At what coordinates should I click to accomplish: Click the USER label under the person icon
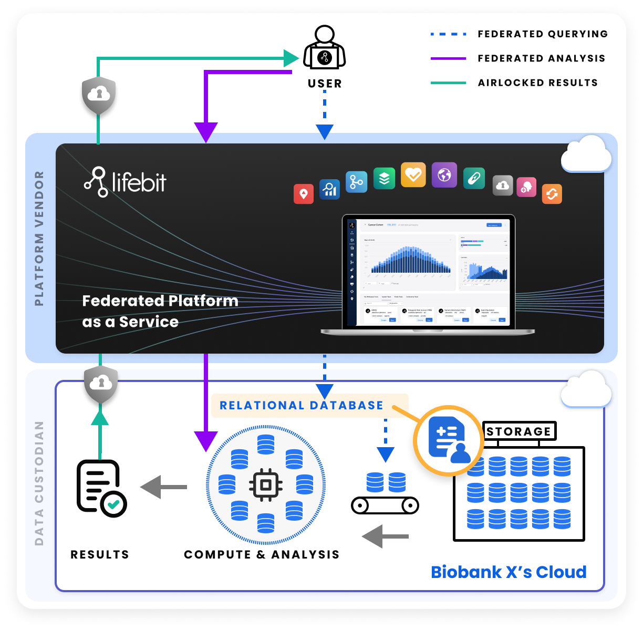pyautogui.click(x=325, y=84)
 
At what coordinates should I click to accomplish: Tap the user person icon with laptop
pyautogui.click(x=325, y=48)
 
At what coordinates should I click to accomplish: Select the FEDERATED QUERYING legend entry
pyautogui.click(x=542, y=34)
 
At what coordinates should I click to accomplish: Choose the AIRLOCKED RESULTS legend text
pyautogui.click(x=537, y=82)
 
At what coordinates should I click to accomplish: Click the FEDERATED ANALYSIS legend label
pyautogui.click(x=541, y=58)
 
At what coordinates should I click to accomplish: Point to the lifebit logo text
pyautogui.click(x=126, y=182)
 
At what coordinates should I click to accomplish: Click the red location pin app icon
pyautogui.click(x=303, y=194)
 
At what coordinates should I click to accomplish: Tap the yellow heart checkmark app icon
pyautogui.click(x=413, y=174)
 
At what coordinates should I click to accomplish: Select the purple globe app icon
pyautogui.click(x=444, y=174)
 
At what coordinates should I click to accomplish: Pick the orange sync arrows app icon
pyautogui.click(x=552, y=194)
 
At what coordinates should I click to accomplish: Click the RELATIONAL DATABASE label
pyautogui.click(x=301, y=406)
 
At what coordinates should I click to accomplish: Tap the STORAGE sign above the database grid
pyautogui.click(x=518, y=431)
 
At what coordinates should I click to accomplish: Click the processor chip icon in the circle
pyautogui.click(x=266, y=484)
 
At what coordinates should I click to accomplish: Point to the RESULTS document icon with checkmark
pyautogui.click(x=101, y=488)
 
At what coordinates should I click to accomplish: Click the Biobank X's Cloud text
pyautogui.click(x=509, y=572)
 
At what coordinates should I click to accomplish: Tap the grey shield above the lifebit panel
pyautogui.click(x=98, y=95)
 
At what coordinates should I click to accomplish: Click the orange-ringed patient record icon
pyautogui.click(x=448, y=440)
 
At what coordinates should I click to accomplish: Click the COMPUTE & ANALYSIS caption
pyautogui.click(x=262, y=555)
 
